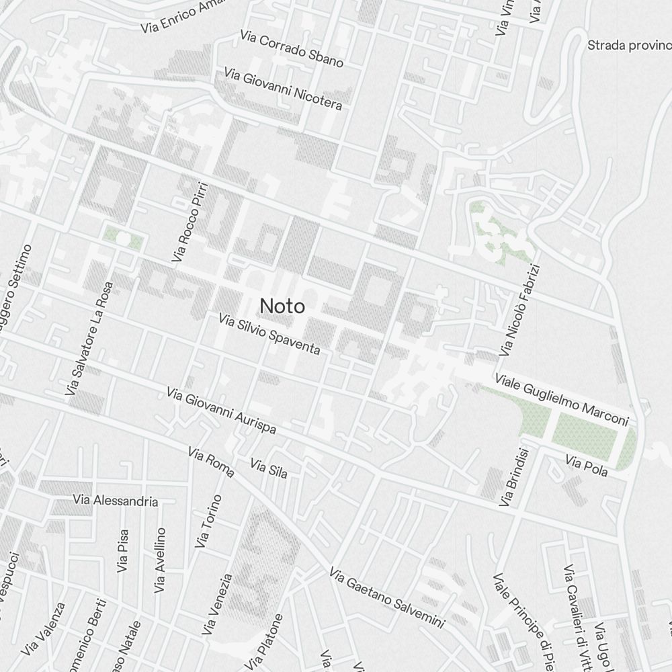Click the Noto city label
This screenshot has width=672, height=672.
pyautogui.click(x=282, y=306)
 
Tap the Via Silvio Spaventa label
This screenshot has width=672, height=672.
pyautogui.click(x=269, y=333)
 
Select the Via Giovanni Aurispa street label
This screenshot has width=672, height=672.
pyautogui.click(x=221, y=410)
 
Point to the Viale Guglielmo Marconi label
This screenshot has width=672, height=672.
pyautogui.click(x=561, y=400)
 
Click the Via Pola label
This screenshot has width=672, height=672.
pyautogui.click(x=587, y=466)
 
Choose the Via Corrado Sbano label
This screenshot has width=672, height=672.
pyautogui.click(x=292, y=48)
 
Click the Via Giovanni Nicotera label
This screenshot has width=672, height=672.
pyautogui.click(x=283, y=88)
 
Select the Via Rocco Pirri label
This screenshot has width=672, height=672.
pyautogui.click(x=190, y=222)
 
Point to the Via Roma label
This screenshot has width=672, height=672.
pyautogui.click(x=211, y=462)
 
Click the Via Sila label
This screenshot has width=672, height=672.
pyautogui.click(x=269, y=468)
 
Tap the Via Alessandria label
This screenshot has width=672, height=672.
pyautogui.click(x=116, y=501)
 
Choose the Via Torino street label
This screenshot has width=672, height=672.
pyautogui.click(x=208, y=521)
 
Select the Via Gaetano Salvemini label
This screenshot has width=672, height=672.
pyautogui.click(x=387, y=598)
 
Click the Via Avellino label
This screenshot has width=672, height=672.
pyautogui.click(x=160, y=560)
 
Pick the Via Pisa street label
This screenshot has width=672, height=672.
pyautogui.click(x=122, y=551)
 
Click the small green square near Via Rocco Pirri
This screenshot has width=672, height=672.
pyautogui.click(x=122, y=238)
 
